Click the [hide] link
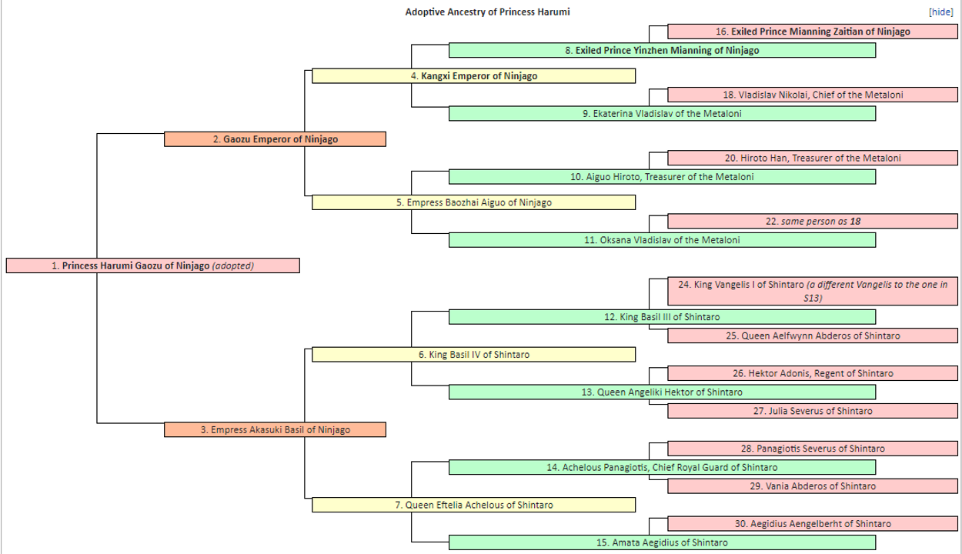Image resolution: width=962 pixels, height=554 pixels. pos(941,12)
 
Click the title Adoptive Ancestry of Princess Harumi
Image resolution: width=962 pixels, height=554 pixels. pos(487,12)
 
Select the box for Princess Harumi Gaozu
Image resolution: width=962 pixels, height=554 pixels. pos(153,265)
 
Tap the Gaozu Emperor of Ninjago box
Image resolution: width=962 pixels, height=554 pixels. pos(275,139)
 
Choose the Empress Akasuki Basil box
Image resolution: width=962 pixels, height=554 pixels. pos(275,430)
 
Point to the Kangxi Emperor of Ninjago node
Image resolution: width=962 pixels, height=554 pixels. pos(474,76)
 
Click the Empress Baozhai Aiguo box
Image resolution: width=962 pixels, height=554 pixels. pos(474,202)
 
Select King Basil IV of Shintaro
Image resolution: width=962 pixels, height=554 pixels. pos(474,354)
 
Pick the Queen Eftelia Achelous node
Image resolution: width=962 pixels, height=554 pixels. pos(474,505)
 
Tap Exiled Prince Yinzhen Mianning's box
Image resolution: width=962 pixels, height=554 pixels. pos(662,50)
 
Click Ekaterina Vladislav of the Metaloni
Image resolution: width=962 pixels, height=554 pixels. pos(662,113)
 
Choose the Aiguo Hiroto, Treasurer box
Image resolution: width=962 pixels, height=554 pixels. pos(662,177)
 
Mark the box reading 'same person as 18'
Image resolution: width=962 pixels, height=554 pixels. pos(813,221)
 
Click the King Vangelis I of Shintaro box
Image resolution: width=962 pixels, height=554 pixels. pos(813,291)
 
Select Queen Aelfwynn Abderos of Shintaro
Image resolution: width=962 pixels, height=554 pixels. pos(813,335)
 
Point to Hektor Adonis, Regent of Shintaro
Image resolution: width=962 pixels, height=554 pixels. pos(813,373)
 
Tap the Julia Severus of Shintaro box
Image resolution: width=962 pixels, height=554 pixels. pos(813,411)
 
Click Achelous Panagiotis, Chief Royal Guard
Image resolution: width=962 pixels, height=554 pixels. pos(662,467)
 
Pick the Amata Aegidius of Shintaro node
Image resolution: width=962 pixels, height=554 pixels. pos(662,542)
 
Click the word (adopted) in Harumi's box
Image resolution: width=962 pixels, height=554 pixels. pos(233,265)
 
